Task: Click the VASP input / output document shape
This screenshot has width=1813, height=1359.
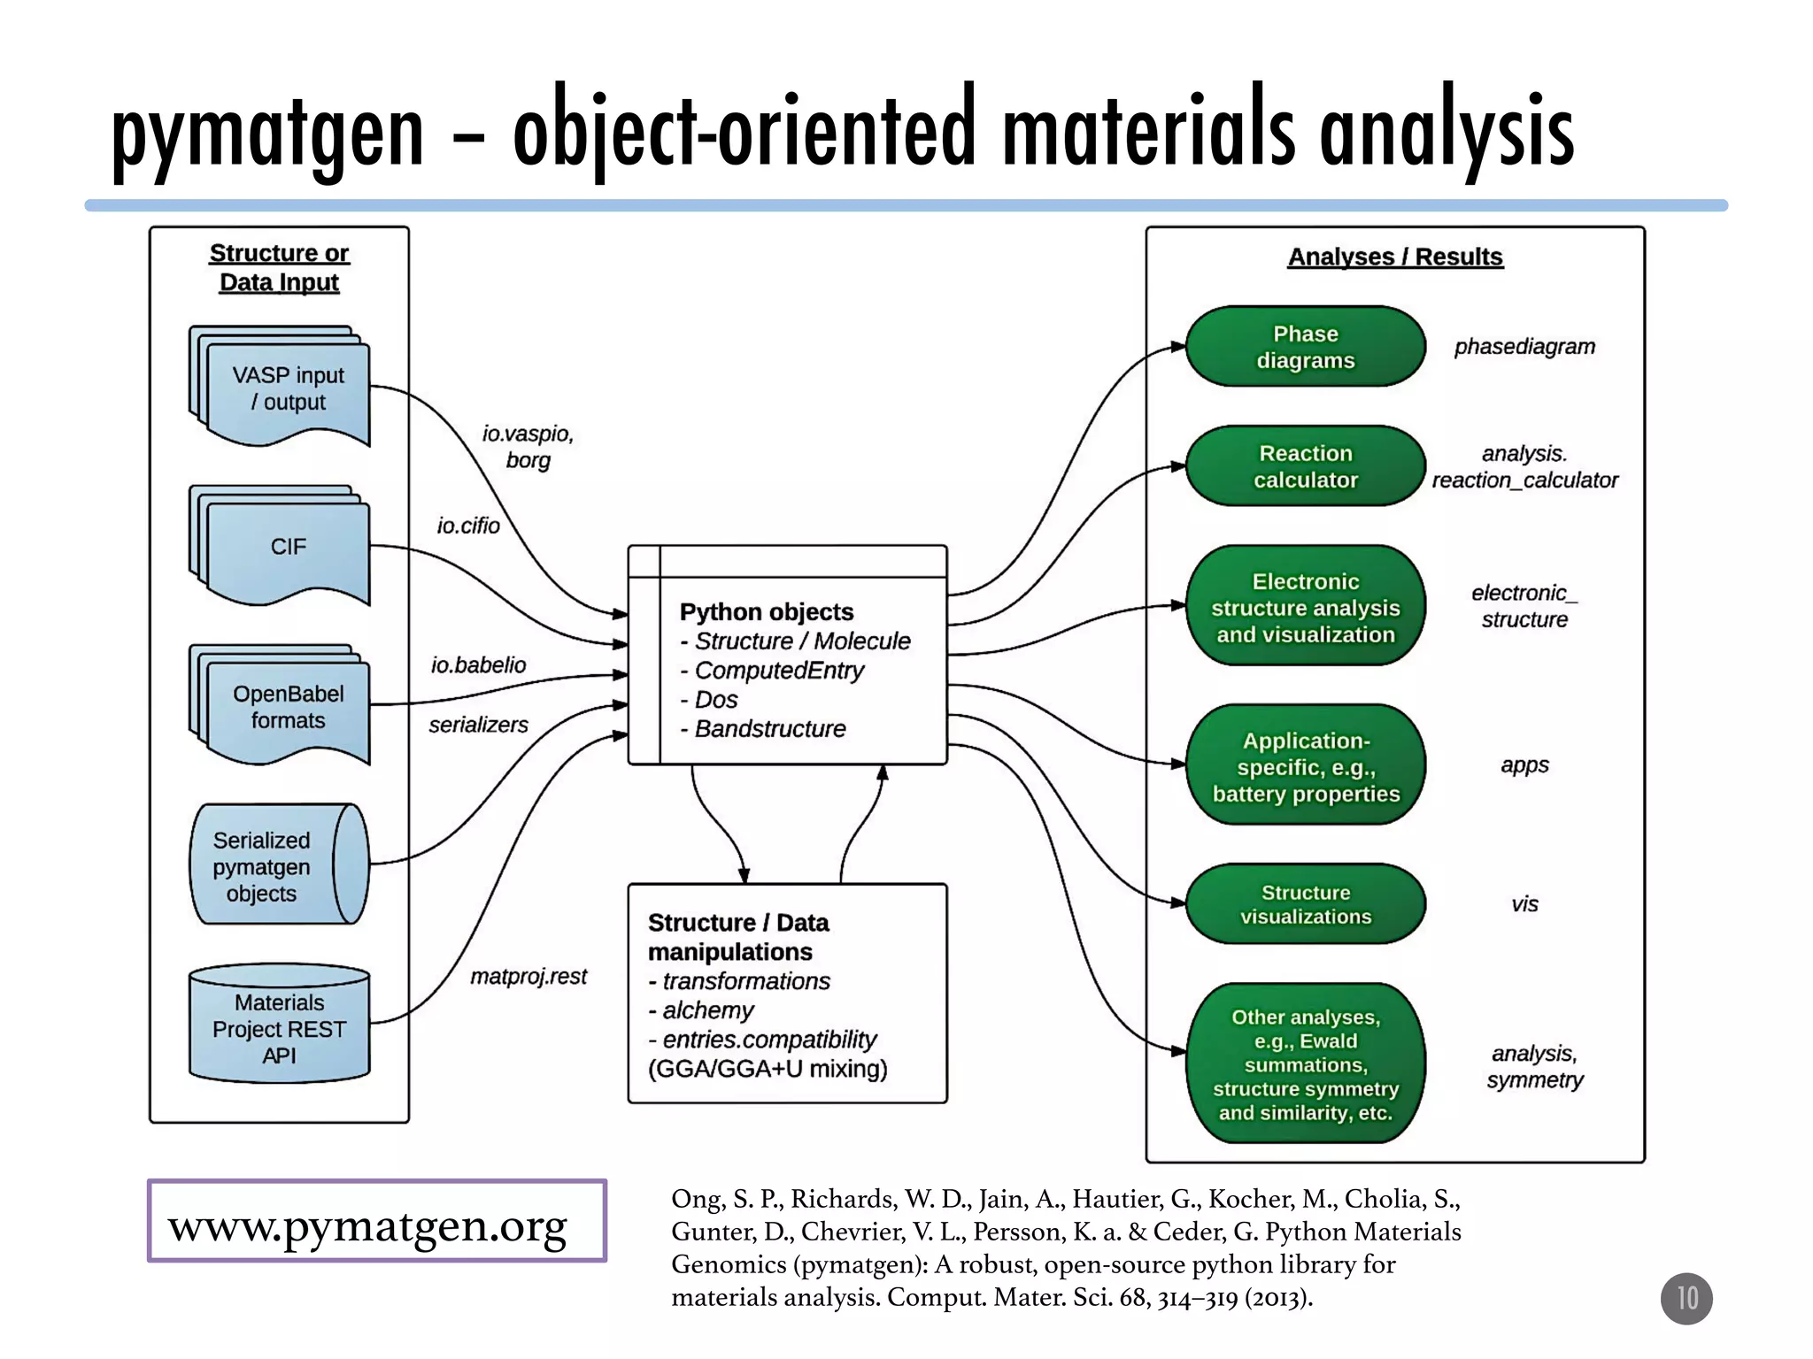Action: point(287,389)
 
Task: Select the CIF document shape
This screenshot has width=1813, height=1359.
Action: point(287,548)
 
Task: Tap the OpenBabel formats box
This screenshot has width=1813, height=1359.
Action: point(287,708)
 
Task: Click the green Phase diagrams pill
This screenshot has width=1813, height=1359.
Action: point(1305,347)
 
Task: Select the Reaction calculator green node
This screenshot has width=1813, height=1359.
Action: point(1305,466)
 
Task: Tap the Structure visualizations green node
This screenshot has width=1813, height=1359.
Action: point(1305,904)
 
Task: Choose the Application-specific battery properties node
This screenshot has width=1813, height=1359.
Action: point(1305,766)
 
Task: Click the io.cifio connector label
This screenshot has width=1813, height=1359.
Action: point(468,526)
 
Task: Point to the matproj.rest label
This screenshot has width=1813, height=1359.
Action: point(528,977)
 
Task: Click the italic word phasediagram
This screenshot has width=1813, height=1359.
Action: point(1524,347)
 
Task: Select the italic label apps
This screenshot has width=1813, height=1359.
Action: point(1524,765)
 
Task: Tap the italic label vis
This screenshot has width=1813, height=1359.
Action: point(1524,904)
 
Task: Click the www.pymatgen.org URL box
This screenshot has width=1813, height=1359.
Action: point(377,1221)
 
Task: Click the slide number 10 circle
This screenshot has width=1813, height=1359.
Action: point(1686,1298)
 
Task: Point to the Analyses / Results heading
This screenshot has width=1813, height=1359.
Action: point(1395,257)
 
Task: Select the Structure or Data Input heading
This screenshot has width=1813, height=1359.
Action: point(279,267)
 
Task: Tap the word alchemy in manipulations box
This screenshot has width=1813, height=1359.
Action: point(707,1010)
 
